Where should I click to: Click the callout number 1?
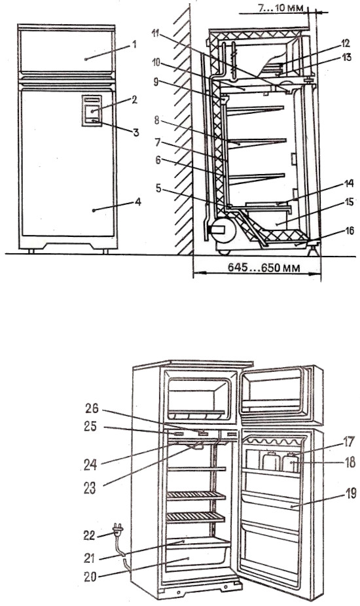pos(134,45)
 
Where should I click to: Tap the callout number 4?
pos(138,202)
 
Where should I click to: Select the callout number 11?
pos(156,34)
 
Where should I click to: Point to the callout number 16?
pos(349,231)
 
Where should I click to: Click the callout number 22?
pos(90,535)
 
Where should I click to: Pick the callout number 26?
pos(92,408)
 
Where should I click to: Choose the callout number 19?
pos(351,493)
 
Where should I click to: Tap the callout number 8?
pos(156,120)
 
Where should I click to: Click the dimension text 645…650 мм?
pos(264,268)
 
